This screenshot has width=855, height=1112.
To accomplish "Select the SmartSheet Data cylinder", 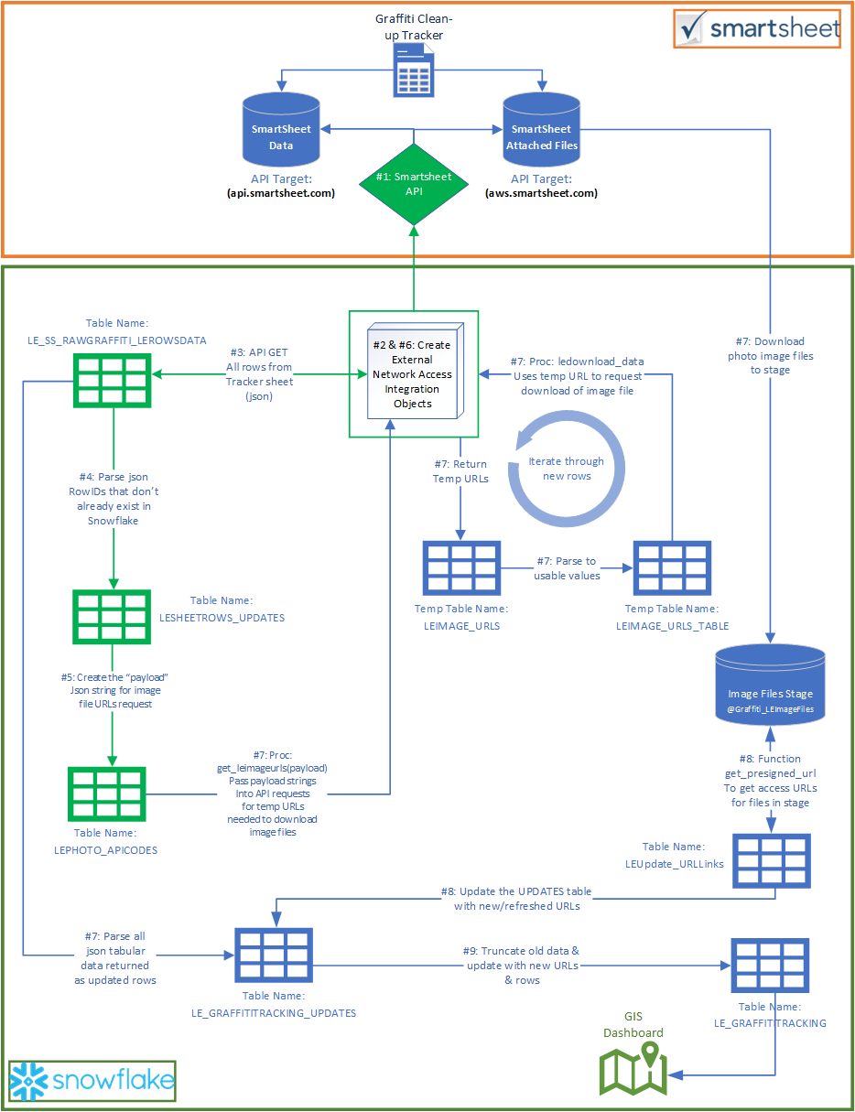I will point(281,131).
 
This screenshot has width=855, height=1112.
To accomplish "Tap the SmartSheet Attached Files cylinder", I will point(542,131).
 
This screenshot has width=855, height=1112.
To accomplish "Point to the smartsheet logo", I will point(757,29).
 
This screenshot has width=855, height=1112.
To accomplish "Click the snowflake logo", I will point(92,1081).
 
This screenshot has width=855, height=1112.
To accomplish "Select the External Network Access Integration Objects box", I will point(413,373).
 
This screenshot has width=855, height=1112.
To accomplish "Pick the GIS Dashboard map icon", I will point(633,1067).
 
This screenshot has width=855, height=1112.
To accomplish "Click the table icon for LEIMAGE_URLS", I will point(460,567).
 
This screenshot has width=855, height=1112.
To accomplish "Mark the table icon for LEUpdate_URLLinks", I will point(772,861).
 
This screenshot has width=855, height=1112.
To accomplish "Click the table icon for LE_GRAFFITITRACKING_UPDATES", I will point(274,955).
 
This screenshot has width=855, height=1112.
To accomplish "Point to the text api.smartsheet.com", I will point(280,193).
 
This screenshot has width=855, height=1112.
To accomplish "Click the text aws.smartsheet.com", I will point(542,193).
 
